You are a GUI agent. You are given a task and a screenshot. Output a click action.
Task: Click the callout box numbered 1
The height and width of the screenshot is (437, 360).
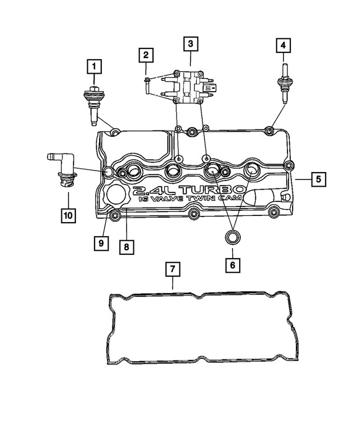point(94,68)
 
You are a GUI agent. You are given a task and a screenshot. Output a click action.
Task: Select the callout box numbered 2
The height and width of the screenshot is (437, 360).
point(146,55)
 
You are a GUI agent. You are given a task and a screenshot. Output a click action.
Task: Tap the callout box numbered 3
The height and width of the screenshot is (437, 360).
point(190,43)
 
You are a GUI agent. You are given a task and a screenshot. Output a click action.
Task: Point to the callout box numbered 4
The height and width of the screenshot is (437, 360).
point(283,44)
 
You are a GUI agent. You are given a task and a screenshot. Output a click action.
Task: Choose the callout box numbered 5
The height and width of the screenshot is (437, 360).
point(318,179)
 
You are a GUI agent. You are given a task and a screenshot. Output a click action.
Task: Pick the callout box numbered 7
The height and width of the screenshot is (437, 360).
point(173,270)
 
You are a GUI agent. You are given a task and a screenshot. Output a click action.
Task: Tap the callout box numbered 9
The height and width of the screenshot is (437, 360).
point(101,242)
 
